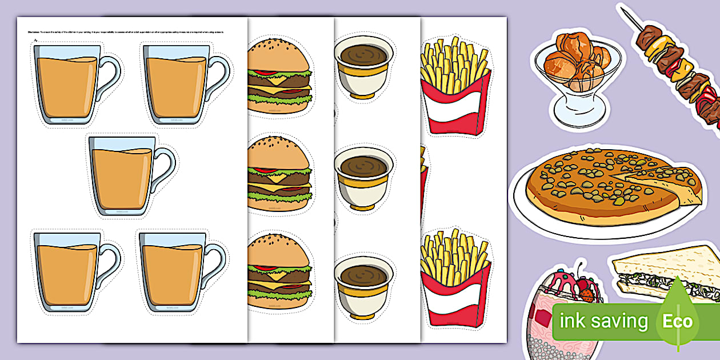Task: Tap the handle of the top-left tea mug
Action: [x=110, y=77]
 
